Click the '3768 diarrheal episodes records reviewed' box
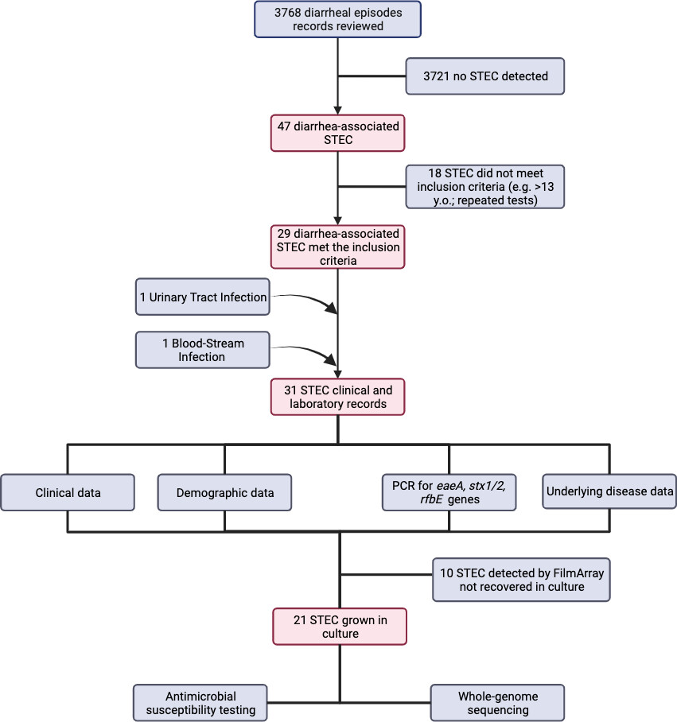tap(337, 18)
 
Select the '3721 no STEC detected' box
tap(484, 76)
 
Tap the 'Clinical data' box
tap(67, 492)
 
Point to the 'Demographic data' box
tap(225, 492)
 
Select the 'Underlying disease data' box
tap(609, 492)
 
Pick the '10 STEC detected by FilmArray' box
tap(521, 579)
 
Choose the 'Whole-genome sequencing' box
tap(497, 702)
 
